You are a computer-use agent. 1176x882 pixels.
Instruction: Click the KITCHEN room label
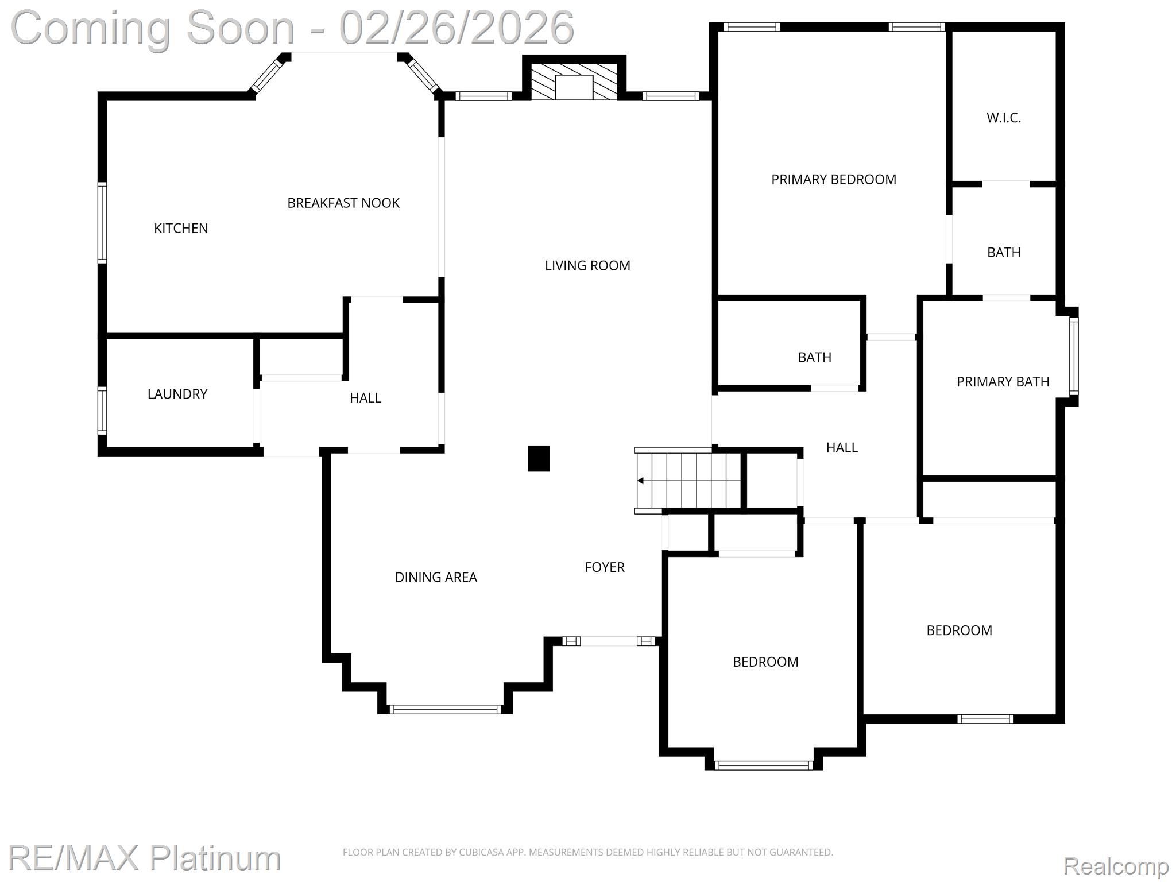pyautogui.click(x=181, y=229)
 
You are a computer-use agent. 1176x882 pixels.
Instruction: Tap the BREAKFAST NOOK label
pyautogui.click(x=343, y=203)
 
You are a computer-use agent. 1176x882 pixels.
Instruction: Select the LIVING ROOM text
pyautogui.click(x=587, y=266)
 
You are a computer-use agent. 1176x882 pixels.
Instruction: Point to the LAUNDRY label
pyautogui.click(x=177, y=394)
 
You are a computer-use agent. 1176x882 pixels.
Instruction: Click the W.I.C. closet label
pyautogui.click(x=1004, y=118)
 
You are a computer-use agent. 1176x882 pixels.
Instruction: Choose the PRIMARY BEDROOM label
pyautogui.click(x=833, y=180)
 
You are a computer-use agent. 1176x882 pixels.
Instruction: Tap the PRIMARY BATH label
pyautogui.click(x=1003, y=382)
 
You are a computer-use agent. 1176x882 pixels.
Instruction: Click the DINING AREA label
pyautogui.click(x=436, y=578)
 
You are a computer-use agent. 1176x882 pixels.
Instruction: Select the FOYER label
pyautogui.click(x=604, y=567)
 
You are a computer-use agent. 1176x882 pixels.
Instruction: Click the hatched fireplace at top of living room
pyautogui.click(x=574, y=81)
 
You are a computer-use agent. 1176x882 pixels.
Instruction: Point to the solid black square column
pyautogui.click(x=539, y=459)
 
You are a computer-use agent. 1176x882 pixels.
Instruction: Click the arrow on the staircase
pyautogui.click(x=641, y=481)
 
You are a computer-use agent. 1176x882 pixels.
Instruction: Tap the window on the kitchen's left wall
pyautogui.click(x=102, y=223)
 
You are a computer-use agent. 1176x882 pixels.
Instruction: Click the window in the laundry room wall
pyautogui.click(x=102, y=410)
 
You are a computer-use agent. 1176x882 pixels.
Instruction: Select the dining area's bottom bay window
pyautogui.click(x=445, y=709)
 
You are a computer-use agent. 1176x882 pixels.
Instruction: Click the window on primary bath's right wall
pyautogui.click(x=1073, y=356)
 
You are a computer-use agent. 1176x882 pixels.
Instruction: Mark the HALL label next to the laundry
pyautogui.click(x=365, y=398)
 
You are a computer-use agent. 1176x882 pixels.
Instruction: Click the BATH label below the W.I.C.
pyautogui.click(x=1003, y=253)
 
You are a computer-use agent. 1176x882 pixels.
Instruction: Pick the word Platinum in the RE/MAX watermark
pyautogui.click(x=215, y=858)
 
